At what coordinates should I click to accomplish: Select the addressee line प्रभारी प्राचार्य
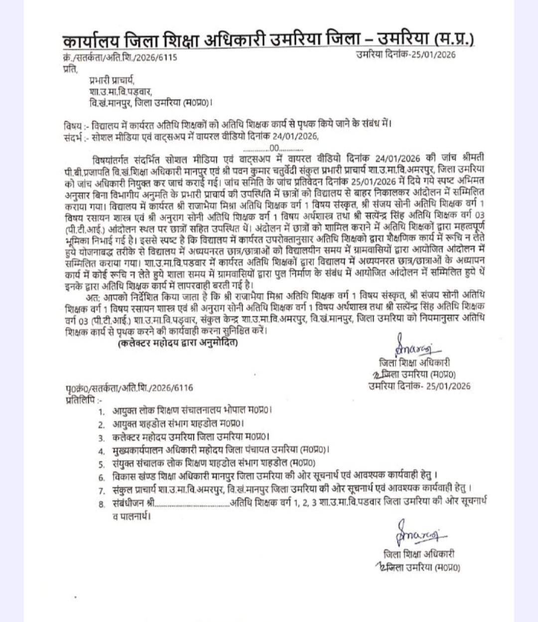coord(112,80)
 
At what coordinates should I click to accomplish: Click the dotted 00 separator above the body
coord(273,147)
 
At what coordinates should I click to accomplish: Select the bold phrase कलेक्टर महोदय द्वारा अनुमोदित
coord(177,344)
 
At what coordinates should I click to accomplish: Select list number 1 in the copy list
coord(102,412)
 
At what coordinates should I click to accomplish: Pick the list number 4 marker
coord(102,451)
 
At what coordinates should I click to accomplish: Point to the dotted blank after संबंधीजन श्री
coord(192,503)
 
